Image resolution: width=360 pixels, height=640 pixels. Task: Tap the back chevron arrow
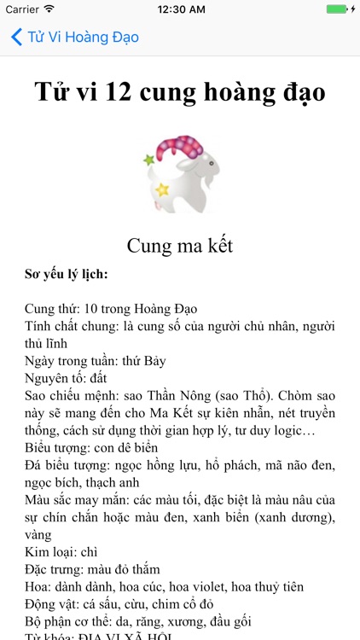pos(16,38)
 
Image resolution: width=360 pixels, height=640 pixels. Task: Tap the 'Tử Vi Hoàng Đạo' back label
pos(83,38)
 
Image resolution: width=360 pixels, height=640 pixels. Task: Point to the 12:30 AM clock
pos(180,9)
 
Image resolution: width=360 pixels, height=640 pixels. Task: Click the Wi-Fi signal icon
pos(49,9)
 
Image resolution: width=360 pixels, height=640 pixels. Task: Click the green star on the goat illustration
pos(148,160)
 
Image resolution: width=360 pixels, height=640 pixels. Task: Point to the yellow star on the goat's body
pos(162,189)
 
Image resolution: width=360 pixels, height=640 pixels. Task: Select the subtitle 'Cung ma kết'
pos(180,246)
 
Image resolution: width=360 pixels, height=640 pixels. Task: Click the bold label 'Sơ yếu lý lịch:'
pos(66,275)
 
